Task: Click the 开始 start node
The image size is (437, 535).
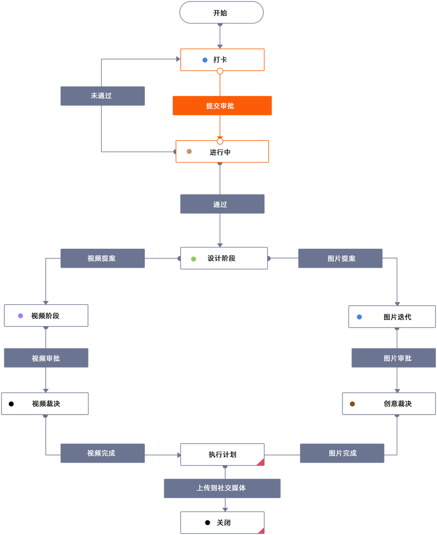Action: [x=221, y=13]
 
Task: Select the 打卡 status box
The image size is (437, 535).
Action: [x=222, y=59]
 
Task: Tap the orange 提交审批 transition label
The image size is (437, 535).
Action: [x=222, y=106]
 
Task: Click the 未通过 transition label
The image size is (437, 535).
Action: [x=102, y=96]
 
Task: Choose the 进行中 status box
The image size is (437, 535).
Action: [x=222, y=152]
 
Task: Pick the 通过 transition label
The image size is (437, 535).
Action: [x=222, y=204]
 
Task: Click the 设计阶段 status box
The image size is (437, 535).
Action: [x=223, y=258]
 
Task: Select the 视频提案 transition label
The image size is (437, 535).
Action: [x=102, y=259]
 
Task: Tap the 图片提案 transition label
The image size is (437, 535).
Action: [x=340, y=259]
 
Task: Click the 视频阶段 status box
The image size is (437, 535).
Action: [x=46, y=316]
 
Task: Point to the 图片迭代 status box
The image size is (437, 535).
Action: [x=392, y=317]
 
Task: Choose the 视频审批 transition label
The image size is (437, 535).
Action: [x=46, y=358]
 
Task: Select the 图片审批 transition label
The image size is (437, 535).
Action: [x=393, y=358]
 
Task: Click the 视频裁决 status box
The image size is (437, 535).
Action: [x=45, y=404]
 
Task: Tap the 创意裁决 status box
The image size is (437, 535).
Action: [x=388, y=404]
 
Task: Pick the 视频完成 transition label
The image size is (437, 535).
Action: [x=102, y=453]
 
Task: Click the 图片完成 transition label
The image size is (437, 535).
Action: [x=342, y=453]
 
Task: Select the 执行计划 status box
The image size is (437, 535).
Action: [x=222, y=454]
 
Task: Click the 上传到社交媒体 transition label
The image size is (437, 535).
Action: [x=222, y=488]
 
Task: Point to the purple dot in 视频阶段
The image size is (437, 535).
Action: [x=21, y=316]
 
